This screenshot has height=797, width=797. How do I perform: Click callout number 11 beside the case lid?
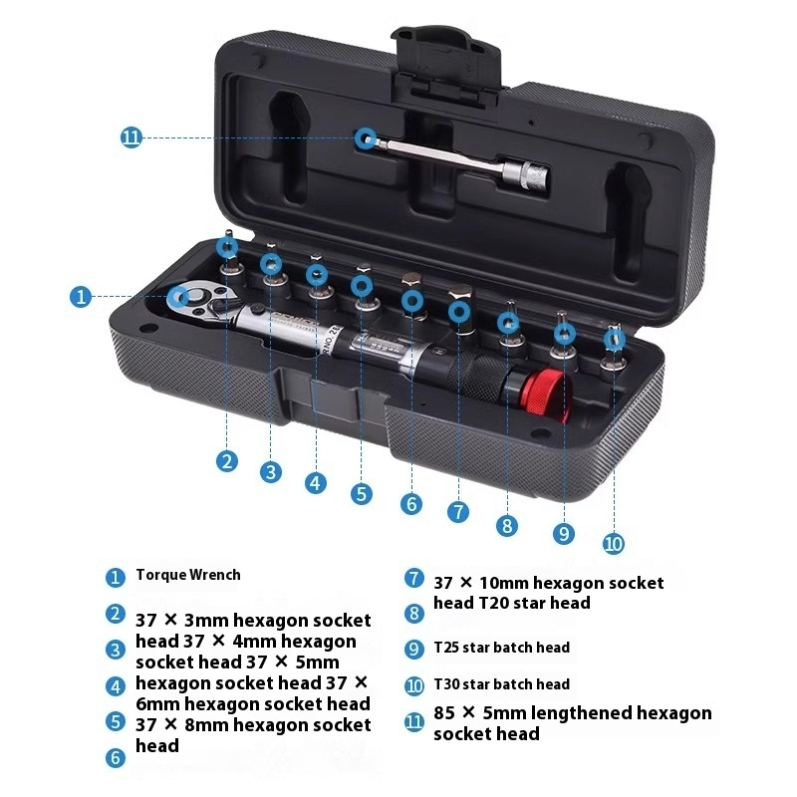point(132,138)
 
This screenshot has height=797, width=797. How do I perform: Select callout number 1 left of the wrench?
point(82,297)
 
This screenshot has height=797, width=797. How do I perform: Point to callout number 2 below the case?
point(228,460)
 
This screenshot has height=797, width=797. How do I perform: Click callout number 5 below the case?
point(361,493)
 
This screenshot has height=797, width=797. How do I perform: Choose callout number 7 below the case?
point(458,512)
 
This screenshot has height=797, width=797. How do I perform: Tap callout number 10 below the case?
point(614,544)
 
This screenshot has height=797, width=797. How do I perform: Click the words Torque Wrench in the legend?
point(188,575)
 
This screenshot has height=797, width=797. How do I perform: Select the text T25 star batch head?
point(501,648)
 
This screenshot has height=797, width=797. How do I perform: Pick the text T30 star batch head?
point(501,684)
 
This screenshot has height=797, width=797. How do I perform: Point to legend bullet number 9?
point(414,649)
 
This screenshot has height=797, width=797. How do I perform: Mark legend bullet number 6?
point(116,758)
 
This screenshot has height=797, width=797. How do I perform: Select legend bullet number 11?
point(414,722)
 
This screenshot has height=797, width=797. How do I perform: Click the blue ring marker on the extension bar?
point(367,138)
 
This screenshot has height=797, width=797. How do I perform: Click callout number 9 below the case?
point(565,534)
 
